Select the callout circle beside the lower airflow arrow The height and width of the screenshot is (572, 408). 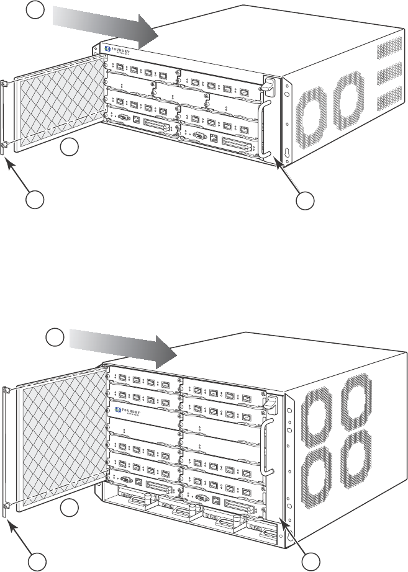tap(55, 337)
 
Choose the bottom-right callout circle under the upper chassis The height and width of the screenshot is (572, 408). tap(304, 200)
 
